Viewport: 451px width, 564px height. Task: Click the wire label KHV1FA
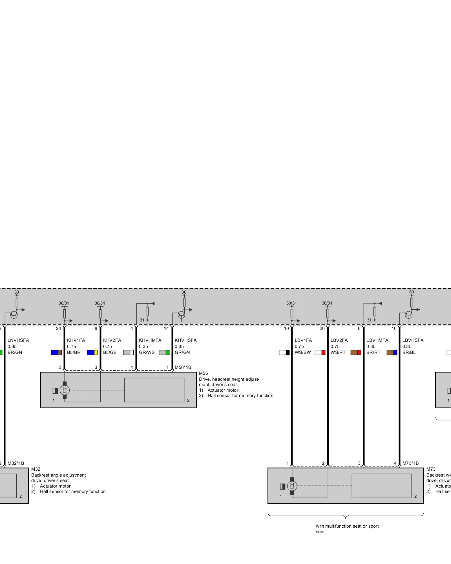pos(76,340)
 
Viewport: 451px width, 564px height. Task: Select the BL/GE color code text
pos(110,352)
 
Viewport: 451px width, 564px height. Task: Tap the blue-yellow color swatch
pos(92,352)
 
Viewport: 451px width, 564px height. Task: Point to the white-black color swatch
pos(284,352)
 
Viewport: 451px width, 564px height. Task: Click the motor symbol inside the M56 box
pos(65,390)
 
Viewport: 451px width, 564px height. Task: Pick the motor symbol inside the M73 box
pos(292,486)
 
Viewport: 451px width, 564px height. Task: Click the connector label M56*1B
pos(183,367)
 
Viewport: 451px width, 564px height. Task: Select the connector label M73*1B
pos(410,463)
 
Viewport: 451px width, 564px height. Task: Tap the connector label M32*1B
pos(16,463)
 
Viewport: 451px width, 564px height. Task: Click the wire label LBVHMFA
pos(377,340)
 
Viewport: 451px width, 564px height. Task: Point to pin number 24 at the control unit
pos(58,329)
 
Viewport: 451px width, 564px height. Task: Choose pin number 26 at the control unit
pos(322,329)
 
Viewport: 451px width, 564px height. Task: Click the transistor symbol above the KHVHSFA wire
pos(181,314)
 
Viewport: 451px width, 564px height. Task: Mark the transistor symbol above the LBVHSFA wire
pos(408,314)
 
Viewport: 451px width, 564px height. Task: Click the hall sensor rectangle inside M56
pos(154,390)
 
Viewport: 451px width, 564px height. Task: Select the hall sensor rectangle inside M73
pos(381,486)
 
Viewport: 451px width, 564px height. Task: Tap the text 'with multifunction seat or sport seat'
pos(347,529)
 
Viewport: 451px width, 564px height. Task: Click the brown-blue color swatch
pos(392,352)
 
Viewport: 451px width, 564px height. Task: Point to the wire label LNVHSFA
pos(18,340)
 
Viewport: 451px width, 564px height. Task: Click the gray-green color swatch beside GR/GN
pos(164,352)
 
